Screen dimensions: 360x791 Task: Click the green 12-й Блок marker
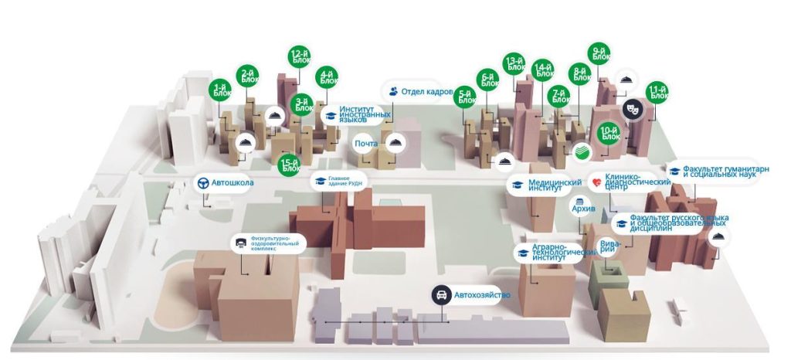click(299, 57)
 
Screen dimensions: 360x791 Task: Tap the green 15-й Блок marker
click(290, 165)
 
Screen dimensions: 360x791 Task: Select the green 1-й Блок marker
click(221, 91)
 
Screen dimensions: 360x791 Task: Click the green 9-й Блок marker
click(599, 55)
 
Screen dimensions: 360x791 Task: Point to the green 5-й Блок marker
click(465, 97)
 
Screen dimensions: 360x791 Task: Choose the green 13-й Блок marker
click(514, 65)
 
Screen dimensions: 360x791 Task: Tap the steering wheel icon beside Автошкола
click(203, 183)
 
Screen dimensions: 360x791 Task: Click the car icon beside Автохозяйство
click(441, 294)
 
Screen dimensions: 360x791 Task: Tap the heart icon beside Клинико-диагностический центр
click(596, 182)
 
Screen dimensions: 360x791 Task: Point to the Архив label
click(582, 208)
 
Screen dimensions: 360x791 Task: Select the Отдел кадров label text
click(426, 91)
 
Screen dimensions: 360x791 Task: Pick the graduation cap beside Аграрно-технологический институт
click(523, 253)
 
